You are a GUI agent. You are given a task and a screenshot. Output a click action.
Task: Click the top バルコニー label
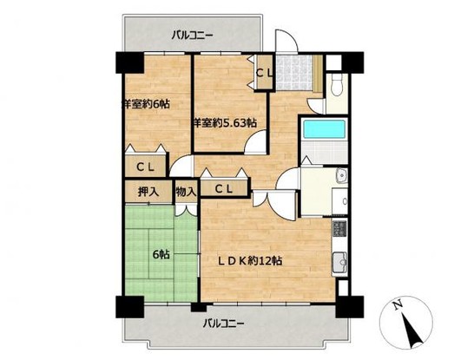pos(192,36)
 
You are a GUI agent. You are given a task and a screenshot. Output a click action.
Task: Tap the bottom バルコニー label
pos(225,324)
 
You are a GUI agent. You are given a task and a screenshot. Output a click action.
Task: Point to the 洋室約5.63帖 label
pos(224,124)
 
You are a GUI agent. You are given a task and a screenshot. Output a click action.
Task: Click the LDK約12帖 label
pos(253,260)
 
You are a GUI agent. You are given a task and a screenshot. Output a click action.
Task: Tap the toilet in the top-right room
pos(337,85)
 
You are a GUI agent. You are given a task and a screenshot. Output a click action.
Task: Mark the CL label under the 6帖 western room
pos(144,167)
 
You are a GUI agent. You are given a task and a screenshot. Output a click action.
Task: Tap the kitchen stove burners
pos(339,230)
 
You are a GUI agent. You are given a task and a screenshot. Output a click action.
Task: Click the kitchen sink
pos(339,262)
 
